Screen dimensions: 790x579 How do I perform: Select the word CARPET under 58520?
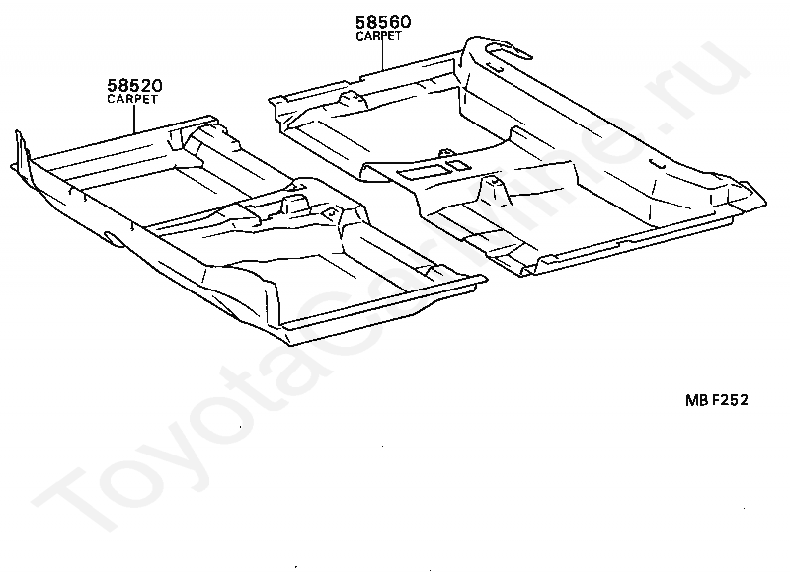pyautogui.click(x=131, y=99)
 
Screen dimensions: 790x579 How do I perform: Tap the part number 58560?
pyautogui.click(x=383, y=21)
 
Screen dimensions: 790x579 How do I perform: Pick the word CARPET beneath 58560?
pyautogui.click(x=379, y=35)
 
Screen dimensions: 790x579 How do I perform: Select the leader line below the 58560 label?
pyautogui.click(x=382, y=54)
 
